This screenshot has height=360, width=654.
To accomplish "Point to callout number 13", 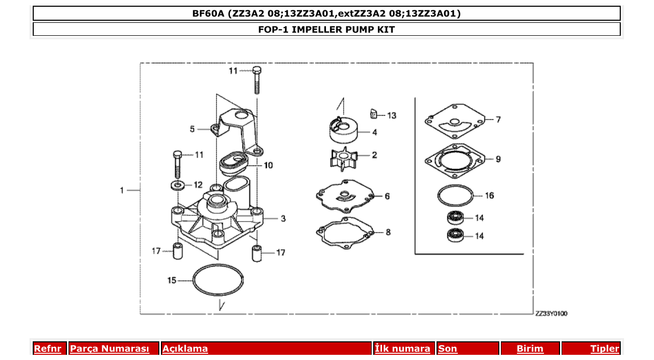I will [391, 115].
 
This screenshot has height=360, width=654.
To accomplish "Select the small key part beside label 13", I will [373, 114].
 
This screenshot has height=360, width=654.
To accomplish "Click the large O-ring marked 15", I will [217, 281].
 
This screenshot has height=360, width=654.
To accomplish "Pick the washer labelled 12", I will [178, 185].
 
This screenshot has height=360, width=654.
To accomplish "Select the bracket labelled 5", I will [237, 130].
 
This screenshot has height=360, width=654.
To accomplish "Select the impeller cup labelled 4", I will [344, 130].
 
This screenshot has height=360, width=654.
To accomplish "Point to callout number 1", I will [122, 190].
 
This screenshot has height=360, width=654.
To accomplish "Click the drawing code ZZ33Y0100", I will [552, 314].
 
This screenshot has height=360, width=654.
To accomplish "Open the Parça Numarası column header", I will [109, 349].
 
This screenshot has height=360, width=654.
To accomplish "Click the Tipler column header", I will [604, 349].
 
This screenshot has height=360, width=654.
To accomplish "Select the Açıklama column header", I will [185, 349].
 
